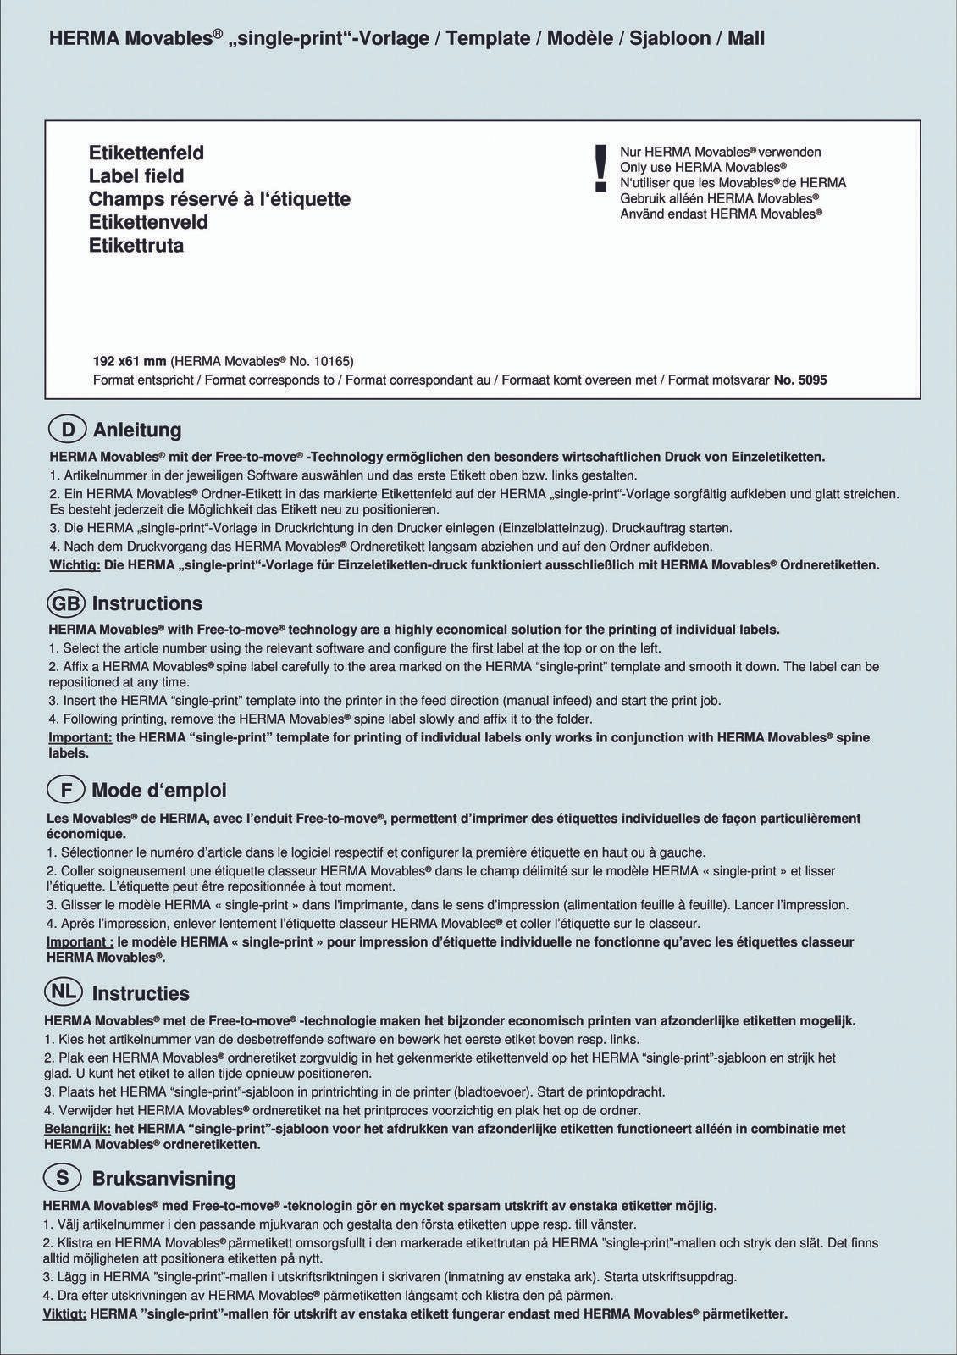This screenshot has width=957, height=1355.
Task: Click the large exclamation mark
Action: (x=601, y=167)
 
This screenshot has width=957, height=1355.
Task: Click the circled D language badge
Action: (x=68, y=430)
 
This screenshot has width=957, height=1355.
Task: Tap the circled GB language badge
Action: (x=67, y=603)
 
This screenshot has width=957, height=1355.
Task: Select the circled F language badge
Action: (x=66, y=791)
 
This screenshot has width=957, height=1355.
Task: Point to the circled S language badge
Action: (x=63, y=1178)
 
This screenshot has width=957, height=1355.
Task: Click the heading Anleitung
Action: (x=137, y=430)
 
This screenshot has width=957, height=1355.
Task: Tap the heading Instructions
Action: (x=147, y=603)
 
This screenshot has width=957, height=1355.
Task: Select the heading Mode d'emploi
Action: (x=159, y=791)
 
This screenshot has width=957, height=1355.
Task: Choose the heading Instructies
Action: (x=141, y=993)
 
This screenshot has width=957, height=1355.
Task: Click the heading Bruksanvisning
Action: (x=163, y=1178)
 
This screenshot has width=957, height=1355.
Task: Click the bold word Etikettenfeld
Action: (x=147, y=153)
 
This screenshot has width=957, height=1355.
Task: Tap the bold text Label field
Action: (x=136, y=176)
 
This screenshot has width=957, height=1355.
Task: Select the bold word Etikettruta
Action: (x=136, y=246)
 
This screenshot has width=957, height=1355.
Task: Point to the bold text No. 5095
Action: (x=800, y=380)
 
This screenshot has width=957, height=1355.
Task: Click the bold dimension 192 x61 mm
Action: (x=130, y=361)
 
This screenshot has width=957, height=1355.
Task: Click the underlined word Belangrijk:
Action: (x=76, y=1129)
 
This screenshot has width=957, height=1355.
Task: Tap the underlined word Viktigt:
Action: (x=64, y=1314)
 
